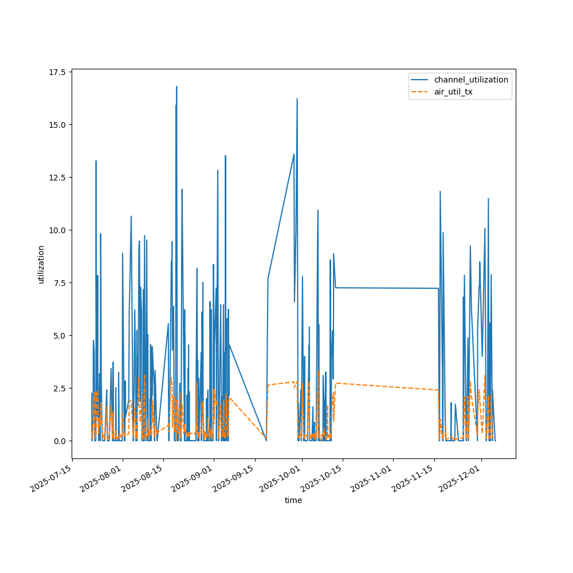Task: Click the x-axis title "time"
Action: (293, 500)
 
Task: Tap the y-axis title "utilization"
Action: (41, 264)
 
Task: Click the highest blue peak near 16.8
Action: (176, 87)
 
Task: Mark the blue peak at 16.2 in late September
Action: (297, 99)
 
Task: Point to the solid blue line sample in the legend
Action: (421, 80)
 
